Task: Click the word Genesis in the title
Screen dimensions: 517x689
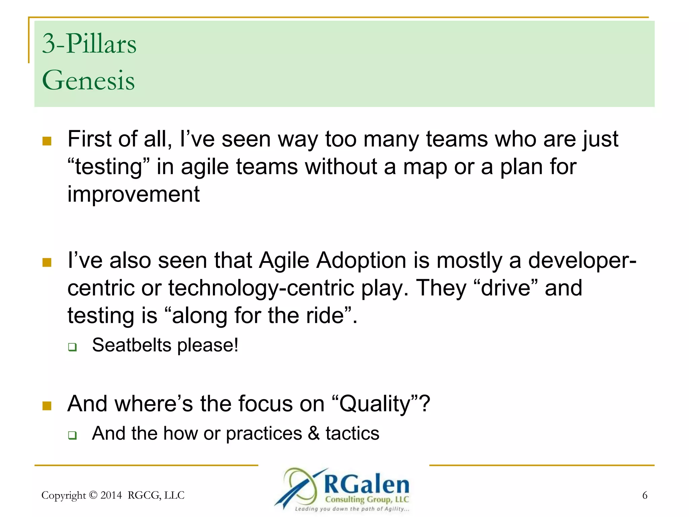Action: tap(88, 80)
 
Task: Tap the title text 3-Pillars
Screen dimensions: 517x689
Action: tap(89, 44)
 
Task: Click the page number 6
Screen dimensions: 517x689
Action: tap(645, 495)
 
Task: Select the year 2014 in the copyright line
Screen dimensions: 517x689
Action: tap(111, 495)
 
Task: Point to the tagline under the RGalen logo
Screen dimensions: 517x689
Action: tap(352, 509)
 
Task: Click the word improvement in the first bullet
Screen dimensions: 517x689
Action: tap(134, 194)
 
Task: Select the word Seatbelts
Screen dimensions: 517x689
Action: tap(132, 345)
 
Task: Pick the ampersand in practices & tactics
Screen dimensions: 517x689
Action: tap(314, 433)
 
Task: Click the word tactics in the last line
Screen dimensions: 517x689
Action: tap(352, 433)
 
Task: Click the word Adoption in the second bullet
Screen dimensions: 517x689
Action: tap(361, 261)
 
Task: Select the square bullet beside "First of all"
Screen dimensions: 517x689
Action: tap(47, 141)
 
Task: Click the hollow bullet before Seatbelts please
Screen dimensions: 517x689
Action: tap(72, 347)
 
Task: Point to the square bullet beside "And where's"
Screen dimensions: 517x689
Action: tap(47, 406)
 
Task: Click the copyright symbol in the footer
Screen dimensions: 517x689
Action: tap(94, 495)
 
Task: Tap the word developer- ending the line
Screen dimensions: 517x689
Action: tap(582, 261)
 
